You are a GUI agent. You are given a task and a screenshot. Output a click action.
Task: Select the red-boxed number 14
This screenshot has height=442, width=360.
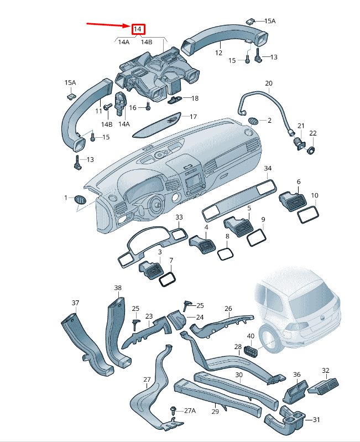tap(138, 29)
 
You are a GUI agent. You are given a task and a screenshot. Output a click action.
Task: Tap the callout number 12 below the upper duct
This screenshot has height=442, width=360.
tap(218, 53)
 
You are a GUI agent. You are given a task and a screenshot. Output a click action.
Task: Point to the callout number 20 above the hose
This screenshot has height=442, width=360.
tap(268, 84)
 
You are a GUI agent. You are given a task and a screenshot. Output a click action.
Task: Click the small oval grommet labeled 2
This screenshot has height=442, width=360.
tap(253, 121)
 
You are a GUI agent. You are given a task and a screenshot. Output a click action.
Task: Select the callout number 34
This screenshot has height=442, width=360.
tap(268, 168)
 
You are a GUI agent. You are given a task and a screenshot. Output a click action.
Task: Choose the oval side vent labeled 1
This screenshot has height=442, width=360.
tap(80, 199)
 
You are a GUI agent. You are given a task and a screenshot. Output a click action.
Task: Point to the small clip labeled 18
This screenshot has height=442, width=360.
tap(175, 99)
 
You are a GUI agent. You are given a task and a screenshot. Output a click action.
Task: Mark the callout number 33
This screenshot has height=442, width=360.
tap(179, 217)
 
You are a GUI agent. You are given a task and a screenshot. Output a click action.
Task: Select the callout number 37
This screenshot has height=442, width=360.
tap(76, 303)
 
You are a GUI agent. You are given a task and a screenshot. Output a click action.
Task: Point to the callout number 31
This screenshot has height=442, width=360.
tap(316, 420)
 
